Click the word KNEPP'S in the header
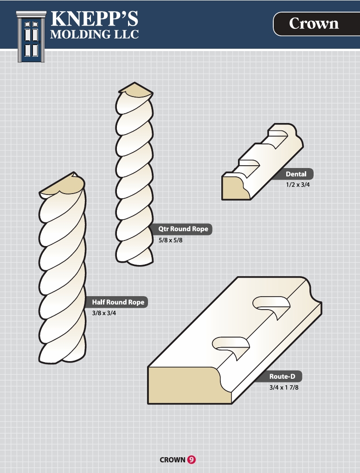pyautogui.click(x=94, y=19)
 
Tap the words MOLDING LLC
pyautogui.click(x=94, y=34)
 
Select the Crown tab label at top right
pyautogui.click(x=314, y=24)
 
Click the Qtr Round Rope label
pyautogui.click(x=183, y=229)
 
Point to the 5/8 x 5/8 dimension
pyautogui.click(x=171, y=240)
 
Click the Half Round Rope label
pyautogui.click(x=118, y=302)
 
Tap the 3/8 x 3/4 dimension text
pyautogui.click(x=104, y=313)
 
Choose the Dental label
pyautogui.click(x=296, y=174)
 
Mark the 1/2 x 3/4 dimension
pyautogui.click(x=298, y=185)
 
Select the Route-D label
pyautogui.click(x=282, y=376)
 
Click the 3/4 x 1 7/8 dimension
pyautogui.click(x=284, y=388)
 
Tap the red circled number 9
pyautogui.click(x=192, y=460)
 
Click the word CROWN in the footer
pyautogui.click(x=173, y=460)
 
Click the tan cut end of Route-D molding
pyautogui.click(x=187, y=386)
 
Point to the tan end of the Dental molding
pyautogui.click(x=235, y=188)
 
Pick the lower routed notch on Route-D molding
pyautogui.click(x=231, y=345)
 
